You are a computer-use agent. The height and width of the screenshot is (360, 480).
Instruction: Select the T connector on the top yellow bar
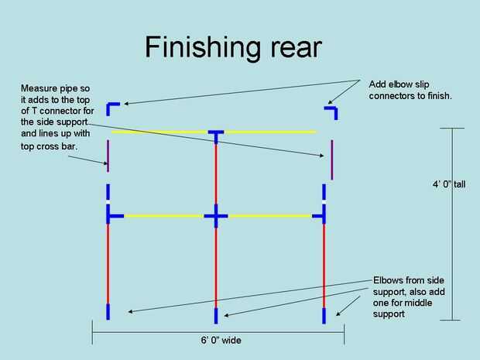coord(216,134)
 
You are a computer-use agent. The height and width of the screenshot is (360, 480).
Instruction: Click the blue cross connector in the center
coord(216,216)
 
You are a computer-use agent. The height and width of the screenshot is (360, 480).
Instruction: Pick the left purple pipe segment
coord(108,155)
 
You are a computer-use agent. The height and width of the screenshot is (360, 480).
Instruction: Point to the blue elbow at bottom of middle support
coord(217,314)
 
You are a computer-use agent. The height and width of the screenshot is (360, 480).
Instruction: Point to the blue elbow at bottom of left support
coord(108,311)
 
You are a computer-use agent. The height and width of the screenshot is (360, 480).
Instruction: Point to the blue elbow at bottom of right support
coord(324,311)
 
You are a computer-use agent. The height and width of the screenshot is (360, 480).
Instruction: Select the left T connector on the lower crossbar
coord(112,215)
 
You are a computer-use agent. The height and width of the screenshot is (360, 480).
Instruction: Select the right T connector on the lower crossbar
coord(321,215)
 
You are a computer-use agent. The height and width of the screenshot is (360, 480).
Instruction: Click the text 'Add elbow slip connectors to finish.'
coord(411,89)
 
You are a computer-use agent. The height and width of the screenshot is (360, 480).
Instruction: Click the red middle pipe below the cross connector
coord(216,263)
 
